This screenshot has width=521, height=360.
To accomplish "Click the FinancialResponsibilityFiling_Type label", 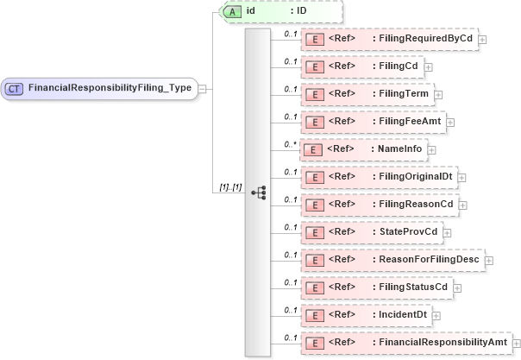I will (110, 88).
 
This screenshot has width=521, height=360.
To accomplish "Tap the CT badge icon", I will (15, 88).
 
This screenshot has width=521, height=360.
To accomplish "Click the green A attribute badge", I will (233, 11).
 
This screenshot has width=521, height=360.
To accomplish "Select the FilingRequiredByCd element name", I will (425, 39).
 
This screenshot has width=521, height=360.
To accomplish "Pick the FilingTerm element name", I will (405, 93).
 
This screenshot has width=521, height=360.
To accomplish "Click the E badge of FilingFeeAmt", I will (316, 121).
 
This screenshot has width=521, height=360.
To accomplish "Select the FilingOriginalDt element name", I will (417, 176).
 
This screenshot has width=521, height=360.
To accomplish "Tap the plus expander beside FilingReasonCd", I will (463, 205).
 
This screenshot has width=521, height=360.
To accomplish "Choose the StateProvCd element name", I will (409, 231).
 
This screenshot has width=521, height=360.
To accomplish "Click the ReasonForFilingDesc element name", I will (430, 259).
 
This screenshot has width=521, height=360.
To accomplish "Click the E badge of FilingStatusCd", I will (316, 287).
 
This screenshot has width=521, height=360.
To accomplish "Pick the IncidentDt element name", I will (402, 314).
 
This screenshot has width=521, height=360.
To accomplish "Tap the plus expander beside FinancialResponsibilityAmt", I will (515, 344).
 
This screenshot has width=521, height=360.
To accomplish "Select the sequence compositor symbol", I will (258, 193).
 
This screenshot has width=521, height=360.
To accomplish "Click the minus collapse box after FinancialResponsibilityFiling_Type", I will (201, 88).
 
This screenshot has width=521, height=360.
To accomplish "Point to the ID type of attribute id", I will (302, 11).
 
